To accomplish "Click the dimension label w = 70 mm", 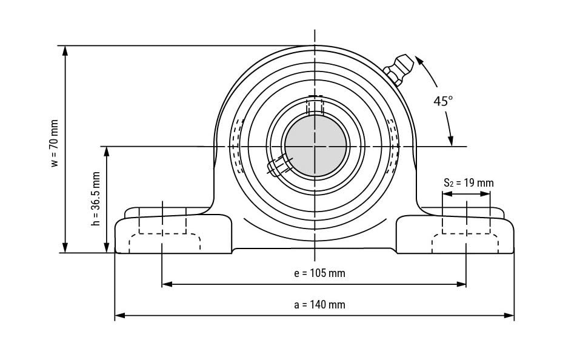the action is click(x=55, y=143).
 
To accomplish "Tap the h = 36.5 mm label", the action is click(x=96, y=199).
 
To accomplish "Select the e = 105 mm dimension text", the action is click(x=320, y=273).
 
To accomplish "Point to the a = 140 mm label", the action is click(x=320, y=305).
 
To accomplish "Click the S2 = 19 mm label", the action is click(x=469, y=182).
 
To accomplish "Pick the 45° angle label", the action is click(x=442, y=101).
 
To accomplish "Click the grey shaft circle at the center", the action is click(x=315, y=146).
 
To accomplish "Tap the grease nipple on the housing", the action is click(x=399, y=69).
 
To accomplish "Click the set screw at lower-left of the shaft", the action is click(x=279, y=165).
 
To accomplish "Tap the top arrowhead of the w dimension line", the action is click(x=65, y=51).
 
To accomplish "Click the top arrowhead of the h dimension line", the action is click(x=107, y=152).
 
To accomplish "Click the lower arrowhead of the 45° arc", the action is click(x=450, y=141).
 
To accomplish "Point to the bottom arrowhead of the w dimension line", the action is click(x=65, y=248).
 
